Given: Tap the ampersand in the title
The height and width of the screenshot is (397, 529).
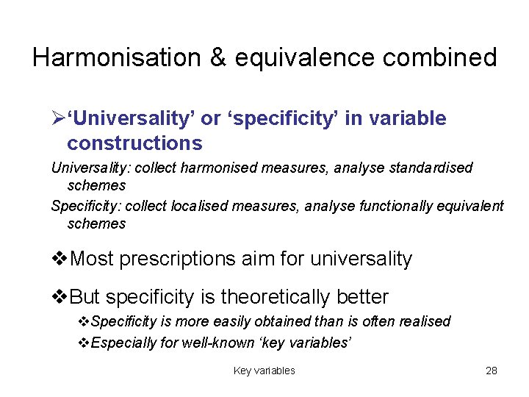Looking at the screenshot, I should [217, 57].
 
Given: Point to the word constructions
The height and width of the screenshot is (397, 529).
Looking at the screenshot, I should [134, 142].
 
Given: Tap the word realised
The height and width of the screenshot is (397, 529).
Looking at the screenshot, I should [424, 322].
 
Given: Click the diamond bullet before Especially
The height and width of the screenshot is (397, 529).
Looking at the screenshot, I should [84, 342].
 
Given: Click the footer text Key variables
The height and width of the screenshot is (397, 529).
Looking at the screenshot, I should [264, 371].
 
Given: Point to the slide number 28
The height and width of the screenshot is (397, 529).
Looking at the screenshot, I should [492, 371].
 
